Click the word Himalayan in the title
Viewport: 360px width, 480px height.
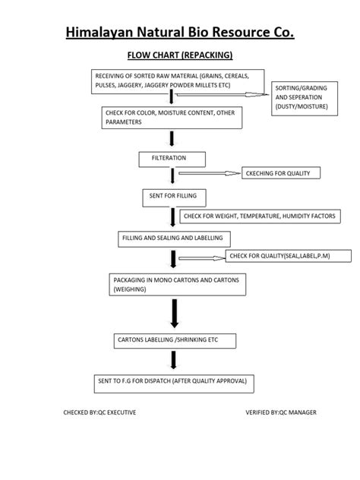[99, 33]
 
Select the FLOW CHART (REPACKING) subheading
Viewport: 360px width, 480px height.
[180, 55]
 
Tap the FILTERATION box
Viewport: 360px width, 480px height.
[172, 159]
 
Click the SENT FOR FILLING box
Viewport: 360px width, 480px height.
[174, 198]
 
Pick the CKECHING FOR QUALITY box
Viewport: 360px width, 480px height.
[281, 173]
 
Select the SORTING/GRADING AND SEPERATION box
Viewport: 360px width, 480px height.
[305, 99]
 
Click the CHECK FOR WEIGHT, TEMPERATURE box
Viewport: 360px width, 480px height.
[260, 216]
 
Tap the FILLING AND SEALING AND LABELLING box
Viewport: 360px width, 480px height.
[174, 239]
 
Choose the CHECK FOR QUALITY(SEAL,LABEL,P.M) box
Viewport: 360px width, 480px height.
[289, 256]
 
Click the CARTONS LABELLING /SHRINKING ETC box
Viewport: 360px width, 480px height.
[175, 341]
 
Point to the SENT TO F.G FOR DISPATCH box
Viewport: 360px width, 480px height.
[174, 384]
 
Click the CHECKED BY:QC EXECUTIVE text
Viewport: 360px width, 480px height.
[99, 412]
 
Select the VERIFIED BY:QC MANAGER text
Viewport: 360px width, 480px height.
[281, 412]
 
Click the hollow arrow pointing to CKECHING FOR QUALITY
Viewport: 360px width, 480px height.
[210, 173]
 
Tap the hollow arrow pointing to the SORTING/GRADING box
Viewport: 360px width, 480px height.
[223, 95]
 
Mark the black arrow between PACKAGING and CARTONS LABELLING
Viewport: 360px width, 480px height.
[175, 314]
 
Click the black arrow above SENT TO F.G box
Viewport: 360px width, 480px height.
[174, 360]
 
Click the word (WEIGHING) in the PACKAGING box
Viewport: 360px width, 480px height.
[130, 289]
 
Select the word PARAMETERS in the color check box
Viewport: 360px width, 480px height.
[124, 122]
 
